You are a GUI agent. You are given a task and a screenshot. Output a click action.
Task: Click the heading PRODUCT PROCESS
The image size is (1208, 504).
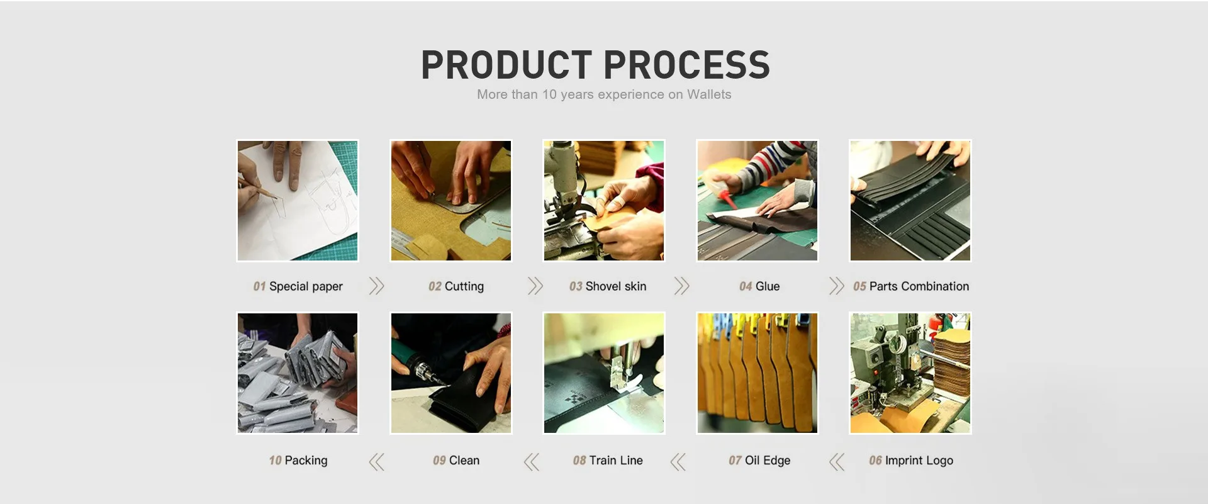coord(595,65)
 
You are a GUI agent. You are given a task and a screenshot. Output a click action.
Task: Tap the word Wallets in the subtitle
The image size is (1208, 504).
coord(709,94)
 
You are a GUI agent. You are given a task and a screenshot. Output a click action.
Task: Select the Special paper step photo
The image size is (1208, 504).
coord(298,201)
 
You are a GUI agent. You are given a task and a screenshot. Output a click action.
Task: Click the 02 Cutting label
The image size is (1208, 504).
coord(456,286)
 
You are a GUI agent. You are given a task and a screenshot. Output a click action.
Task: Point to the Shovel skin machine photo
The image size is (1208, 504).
coord(604,201)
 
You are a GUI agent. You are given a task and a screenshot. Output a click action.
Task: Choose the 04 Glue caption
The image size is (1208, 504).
coord(759,286)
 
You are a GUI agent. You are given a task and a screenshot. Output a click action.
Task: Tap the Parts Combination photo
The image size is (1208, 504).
coord(910,201)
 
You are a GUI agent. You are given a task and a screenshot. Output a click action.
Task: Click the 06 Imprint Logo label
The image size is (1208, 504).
coord(911,461)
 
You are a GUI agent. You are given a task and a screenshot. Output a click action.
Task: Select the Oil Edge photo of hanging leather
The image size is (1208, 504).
coord(758,373)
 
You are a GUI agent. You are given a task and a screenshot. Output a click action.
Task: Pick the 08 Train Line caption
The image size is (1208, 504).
coord(608,461)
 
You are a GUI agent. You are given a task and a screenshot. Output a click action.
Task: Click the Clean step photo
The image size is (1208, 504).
coord(451,373)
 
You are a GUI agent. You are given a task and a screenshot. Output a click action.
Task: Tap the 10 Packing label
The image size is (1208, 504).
coord(298,461)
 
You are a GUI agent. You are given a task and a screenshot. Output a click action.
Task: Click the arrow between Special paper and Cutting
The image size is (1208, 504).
coord(376,286)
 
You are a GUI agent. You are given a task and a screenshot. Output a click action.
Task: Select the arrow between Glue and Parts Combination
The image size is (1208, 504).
coord(836,286)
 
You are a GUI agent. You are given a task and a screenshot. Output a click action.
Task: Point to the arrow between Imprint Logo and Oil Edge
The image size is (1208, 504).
coord(837,462)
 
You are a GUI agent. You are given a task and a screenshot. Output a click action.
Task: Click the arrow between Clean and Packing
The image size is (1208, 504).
coord(376,462)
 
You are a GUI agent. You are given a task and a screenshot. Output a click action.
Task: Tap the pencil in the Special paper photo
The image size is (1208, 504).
coord(259,189)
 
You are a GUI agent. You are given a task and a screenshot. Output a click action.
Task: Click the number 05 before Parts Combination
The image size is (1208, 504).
coord(859,286)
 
